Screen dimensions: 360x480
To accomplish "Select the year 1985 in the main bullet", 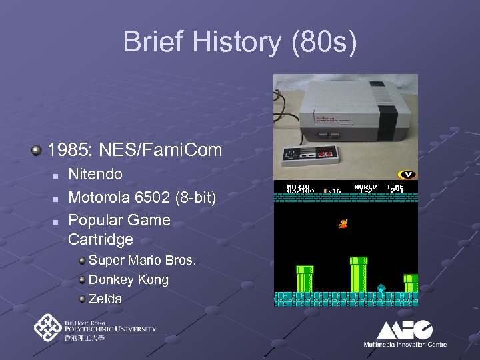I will (x=69, y=150).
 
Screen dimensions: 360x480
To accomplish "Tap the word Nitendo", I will (x=95, y=175).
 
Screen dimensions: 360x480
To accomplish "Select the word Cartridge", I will (x=101, y=239).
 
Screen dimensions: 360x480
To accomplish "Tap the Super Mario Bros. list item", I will (x=142, y=260).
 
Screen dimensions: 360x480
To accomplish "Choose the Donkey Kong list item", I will (x=128, y=279).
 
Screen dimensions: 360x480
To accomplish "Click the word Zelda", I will (x=105, y=299).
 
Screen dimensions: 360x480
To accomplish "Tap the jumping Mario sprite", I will (x=343, y=223).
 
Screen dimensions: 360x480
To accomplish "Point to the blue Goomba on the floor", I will (x=381, y=289).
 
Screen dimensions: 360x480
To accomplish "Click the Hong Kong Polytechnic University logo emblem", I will (x=48, y=328).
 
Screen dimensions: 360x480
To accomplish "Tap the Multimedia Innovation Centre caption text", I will (x=405, y=344).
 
